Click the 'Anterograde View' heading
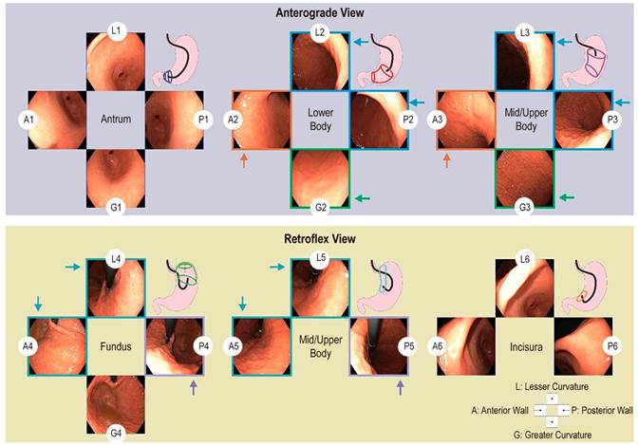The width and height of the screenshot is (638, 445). (319, 12)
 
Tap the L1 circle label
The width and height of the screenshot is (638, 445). (115, 31)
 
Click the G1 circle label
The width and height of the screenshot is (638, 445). (115, 206)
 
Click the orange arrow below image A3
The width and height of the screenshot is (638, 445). (447, 162)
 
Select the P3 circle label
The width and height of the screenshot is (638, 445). (613, 120)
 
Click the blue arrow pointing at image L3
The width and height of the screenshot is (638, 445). (567, 42)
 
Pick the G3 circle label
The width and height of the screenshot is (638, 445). (525, 206)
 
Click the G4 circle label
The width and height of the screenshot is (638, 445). (115, 433)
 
